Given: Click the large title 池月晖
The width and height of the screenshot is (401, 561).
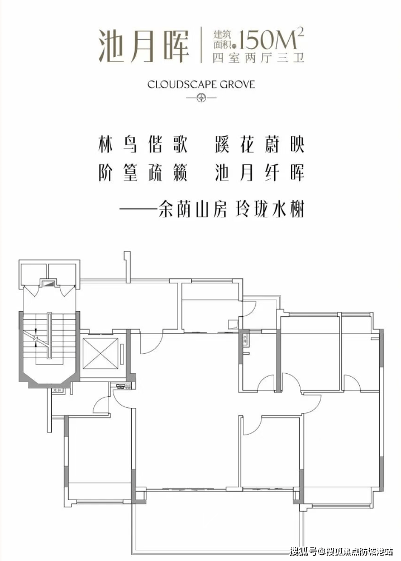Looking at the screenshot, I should click(143, 44).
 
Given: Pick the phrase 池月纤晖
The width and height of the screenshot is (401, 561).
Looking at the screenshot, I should click(259, 173).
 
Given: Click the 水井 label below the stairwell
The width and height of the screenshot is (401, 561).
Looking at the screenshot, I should click(56, 392).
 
